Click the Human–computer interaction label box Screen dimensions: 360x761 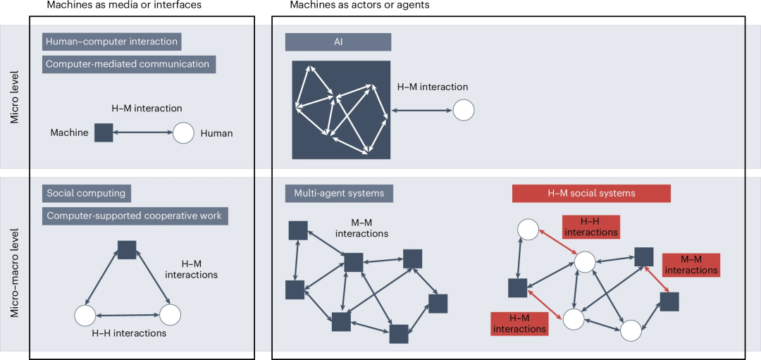click(x=112, y=42)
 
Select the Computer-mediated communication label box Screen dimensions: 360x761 click(x=128, y=64)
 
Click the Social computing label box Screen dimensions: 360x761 click(x=86, y=193)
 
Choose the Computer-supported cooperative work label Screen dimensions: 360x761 click(x=135, y=216)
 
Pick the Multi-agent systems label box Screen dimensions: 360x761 click(x=339, y=193)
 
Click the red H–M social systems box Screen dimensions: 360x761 click(x=591, y=193)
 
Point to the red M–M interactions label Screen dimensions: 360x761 click(x=691, y=265)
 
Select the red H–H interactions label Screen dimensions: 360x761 click(x=590, y=227)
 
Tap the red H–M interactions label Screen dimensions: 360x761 click(x=519, y=323)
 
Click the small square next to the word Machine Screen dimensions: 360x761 click(x=104, y=132)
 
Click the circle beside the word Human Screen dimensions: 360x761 click(x=183, y=132)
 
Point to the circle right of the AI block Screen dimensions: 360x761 click(x=463, y=110)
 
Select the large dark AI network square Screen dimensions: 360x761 click(x=342, y=109)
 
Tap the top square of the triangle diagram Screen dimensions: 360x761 click(x=127, y=249)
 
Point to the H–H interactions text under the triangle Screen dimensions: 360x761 click(x=129, y=333)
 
